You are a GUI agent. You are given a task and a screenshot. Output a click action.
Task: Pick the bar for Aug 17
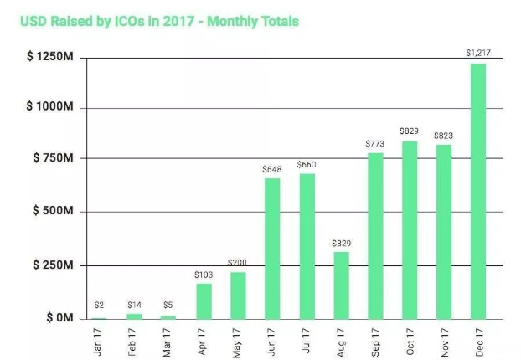[x=341, y=285]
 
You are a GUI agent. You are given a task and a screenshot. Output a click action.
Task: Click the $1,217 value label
[x=477, y=54]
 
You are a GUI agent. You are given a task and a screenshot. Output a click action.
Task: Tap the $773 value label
[x=374, y=143]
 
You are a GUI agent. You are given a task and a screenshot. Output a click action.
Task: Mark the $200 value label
[x=238, y=263]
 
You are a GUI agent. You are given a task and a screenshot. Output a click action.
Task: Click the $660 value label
[x=306, y=164]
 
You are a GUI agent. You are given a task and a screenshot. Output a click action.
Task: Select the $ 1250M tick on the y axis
[x=52, y=56]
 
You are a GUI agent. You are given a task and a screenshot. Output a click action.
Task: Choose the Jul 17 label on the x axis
[x=307, y=340]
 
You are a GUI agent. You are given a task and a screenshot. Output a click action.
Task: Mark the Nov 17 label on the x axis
[x=444, y=340]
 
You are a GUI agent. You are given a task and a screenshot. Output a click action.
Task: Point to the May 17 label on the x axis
[x=238, y=340]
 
